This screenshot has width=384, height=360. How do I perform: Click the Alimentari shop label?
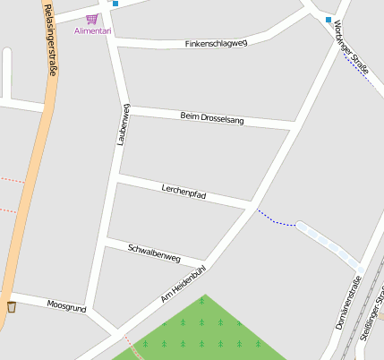pyautogui.click(x=93, y=30)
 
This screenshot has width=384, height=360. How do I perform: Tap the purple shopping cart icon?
pyautogui.click(x=91, y=18)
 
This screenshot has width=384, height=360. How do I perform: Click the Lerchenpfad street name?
pyautogui.click(x=184, y=191)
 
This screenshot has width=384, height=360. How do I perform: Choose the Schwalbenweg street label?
pyautogui.click(x=154, y=253)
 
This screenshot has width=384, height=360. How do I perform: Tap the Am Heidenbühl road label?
pyautogui.click(x=183, y=283)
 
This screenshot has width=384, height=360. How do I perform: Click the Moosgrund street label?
pyautogui.click(x=66, y=306)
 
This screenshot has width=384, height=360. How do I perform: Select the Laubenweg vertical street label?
pyautogui.click(x=123, y=124)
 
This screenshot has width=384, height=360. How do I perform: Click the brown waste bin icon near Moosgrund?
pyautogui.click(x=12, y=307)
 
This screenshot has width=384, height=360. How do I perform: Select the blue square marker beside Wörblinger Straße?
pyautogui.click(x=329, y=20)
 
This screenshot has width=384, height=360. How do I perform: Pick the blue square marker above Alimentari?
pyautogui.click(x=115, y=3)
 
